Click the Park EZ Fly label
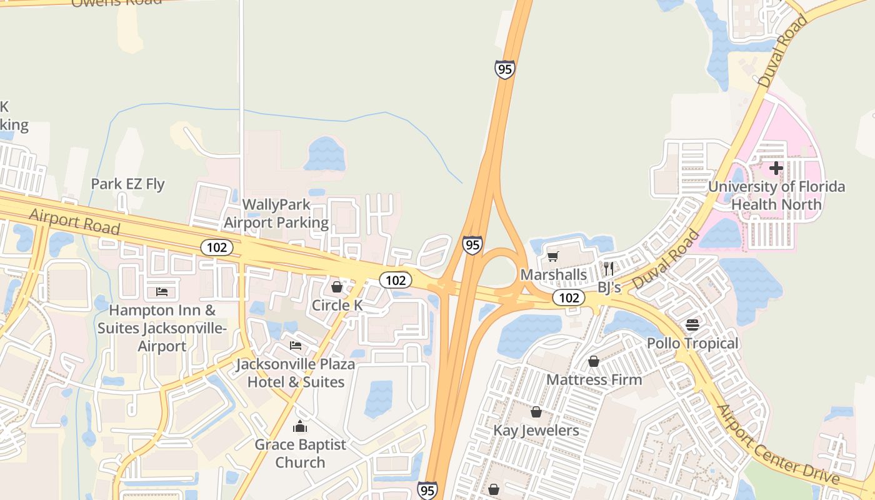tap(127, 184)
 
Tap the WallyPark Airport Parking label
tap(276, 213)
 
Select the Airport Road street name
tap(74, 221)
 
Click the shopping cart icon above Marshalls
tap(552, 256)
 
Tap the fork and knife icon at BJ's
tap(609, 269)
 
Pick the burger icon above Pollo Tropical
tap(692, 325)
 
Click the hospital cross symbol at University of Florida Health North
tap(776, 168)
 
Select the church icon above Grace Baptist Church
tap(300, 427)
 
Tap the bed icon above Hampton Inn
tap(162, 291)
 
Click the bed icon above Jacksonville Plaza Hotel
tap(296, 345)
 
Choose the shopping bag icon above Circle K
tap(337, 287)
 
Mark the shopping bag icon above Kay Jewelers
tap(536, 412)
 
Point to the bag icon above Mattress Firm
tap(593, 361)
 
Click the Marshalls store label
tap(553, 274)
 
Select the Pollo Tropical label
tap(692, 343)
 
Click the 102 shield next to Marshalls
tap(568, 297)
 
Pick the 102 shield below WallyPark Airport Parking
tap(216, 247)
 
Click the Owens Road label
tap(116, 2)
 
